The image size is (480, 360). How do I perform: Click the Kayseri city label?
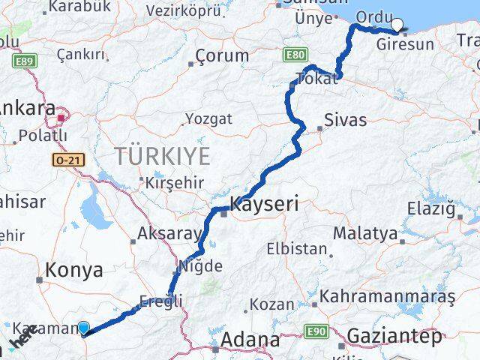click(264, 203)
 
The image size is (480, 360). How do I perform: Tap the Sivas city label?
click(346, 120)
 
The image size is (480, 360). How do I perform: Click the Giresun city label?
click(406, 44)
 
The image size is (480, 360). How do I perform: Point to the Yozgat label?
click(208, 118)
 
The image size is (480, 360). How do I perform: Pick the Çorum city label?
click(222, 55)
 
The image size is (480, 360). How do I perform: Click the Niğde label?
click(200, 265)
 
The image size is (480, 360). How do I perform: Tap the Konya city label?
click(74, 271)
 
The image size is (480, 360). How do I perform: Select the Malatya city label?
click(365, 234)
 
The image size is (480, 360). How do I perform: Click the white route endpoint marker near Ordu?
click(397, 24)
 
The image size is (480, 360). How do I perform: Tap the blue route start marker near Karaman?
click(83, 328)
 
